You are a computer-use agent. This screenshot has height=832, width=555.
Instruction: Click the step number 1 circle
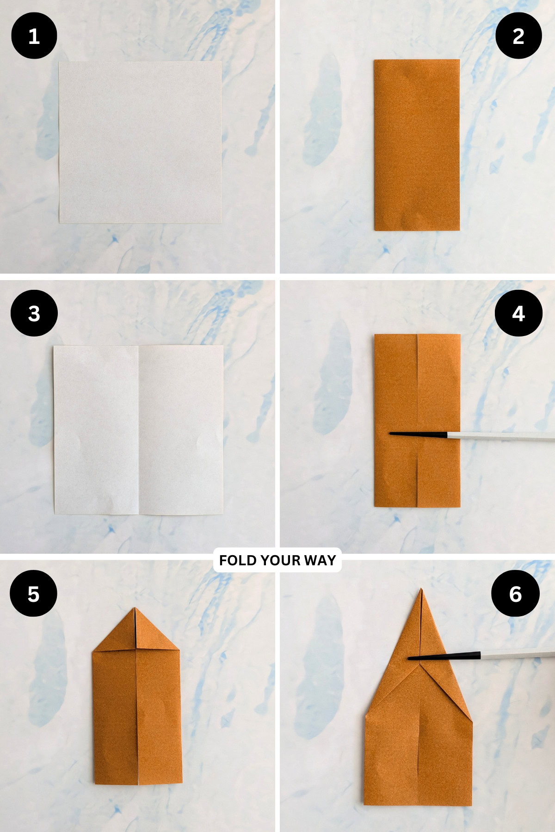tap(34, 36)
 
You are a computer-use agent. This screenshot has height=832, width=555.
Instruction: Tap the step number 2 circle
tap(518, 36)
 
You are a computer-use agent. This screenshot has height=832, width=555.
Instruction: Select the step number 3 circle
tap(34, 313)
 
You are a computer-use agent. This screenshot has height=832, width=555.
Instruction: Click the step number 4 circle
tap(518, 313)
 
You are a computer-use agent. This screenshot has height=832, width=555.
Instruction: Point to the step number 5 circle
tap(33, 593)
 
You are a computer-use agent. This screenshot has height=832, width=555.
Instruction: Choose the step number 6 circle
tap(515, 593)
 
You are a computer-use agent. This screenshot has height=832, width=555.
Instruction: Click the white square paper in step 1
tap(140, 142)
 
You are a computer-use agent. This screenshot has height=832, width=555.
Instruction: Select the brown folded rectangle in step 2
tap(416, 145)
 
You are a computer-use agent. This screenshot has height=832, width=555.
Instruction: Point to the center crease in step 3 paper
tap(139, 430)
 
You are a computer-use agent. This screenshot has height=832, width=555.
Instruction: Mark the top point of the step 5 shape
tap(135, 609)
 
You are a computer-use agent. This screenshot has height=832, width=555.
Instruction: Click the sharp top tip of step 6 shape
tap(421, 589)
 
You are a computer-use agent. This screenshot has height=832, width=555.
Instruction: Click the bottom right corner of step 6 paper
tap(471, 805)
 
